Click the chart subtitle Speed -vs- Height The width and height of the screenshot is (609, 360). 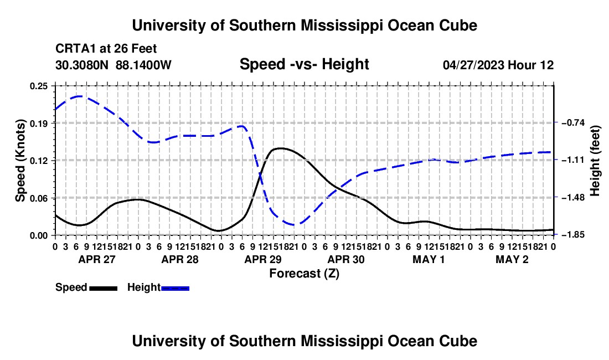[x=304, y=64]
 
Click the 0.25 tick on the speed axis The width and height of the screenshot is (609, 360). [x=39, y=86]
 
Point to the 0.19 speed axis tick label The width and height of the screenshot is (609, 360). [x=39, y=124]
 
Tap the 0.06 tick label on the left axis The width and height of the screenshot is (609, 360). [x=39, y=198]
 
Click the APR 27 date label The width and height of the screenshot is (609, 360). [x=97, y=259]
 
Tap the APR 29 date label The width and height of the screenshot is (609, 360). [x=263, y=259]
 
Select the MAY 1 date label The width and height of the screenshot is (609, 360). [x=429, y=259]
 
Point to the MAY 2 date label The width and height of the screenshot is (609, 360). [x=512, y=259]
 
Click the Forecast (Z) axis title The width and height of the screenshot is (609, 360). [x=304, y=274]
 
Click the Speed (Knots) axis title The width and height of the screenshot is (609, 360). [x=20, y=161]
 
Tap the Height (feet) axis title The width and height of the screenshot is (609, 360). [x=595, y=161]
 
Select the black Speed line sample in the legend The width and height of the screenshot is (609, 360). [x=104, y=288]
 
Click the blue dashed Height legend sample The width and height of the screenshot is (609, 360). [x=175, y=288]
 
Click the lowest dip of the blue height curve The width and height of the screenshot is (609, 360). [x=295, y=224]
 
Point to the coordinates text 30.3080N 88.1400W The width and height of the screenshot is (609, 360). [x=113, y=65]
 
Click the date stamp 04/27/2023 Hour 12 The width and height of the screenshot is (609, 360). [x=498, y=65]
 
